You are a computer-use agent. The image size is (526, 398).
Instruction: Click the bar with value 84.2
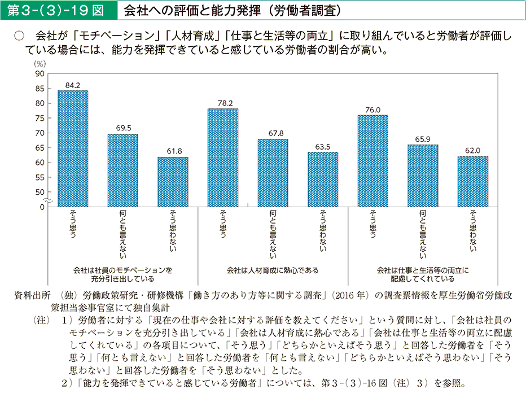click(73, 148)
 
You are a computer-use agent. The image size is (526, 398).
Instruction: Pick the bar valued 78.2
click(223, 158)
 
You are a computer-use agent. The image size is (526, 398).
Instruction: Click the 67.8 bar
click(273, 173)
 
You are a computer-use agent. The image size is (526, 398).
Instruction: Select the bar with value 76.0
click(372, 161)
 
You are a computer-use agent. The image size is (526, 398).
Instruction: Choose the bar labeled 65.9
click(423, 176)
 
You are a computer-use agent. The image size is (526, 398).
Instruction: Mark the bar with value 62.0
click(472, 181)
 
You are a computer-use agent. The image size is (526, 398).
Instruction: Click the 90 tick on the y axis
click(40, 74)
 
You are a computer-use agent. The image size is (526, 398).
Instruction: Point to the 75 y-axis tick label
click(40, 118)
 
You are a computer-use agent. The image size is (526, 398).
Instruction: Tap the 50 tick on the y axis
click(40, 192)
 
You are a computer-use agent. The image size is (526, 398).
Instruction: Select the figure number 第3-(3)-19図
click(59, 10)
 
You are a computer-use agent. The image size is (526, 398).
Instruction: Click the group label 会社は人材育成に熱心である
click(273, 270)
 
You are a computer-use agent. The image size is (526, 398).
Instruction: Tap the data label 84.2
click(73, 85)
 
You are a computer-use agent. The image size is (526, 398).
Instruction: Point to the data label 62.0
click(473, 151)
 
